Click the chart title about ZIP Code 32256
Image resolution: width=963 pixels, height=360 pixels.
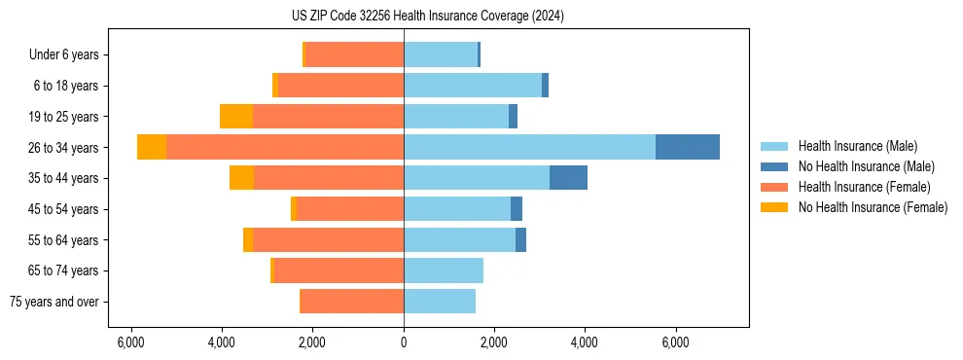[427, 17]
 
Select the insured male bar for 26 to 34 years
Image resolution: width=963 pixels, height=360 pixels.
[529, 147]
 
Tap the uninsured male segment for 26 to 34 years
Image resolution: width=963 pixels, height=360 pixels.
[687, 147]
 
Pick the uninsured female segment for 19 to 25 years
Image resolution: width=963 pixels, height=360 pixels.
[236, 117]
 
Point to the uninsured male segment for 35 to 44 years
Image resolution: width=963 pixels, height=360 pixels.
[568, 178]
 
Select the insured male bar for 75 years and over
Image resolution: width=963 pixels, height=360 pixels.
[440, 302]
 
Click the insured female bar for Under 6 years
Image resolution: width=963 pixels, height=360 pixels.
[354, 54]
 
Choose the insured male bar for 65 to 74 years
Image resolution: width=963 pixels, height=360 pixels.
[444, 270]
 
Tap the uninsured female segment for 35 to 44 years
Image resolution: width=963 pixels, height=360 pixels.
[241, 178]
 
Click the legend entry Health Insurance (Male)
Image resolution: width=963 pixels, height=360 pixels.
[857, 146]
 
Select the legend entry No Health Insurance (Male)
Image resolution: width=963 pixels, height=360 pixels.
[866, 166]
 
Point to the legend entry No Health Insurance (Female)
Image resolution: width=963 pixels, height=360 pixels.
[873, 207]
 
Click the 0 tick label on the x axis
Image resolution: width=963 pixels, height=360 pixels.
[404, 342]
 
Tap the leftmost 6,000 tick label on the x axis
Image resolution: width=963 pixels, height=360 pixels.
[130, 342]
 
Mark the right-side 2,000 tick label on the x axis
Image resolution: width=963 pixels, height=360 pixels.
[494, 342]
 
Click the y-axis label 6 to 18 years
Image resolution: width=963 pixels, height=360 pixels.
[66, 86]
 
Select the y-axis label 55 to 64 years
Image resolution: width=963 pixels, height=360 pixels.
[63, 239]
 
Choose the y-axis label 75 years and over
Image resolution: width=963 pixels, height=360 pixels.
[54, 302]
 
